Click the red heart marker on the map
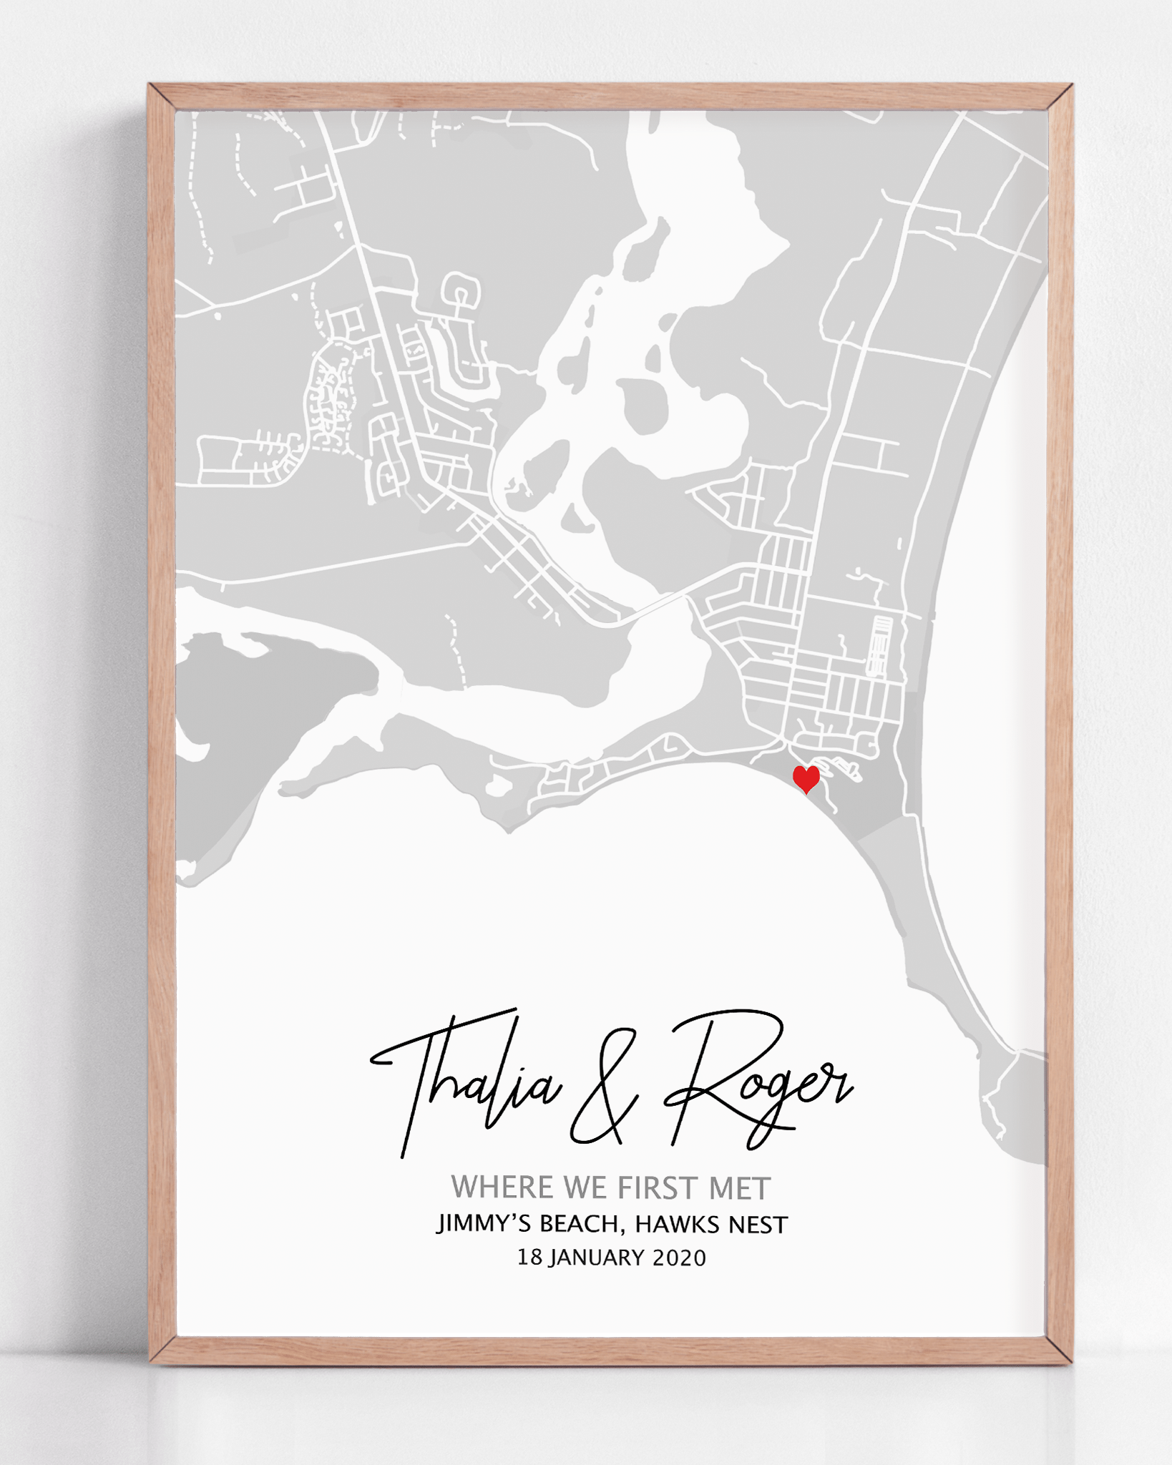coord(806,778)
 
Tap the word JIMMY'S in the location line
coord(484,1224)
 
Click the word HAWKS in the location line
coord(677,1225)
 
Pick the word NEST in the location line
coord(758,1225)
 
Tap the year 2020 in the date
coord(679,1258)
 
